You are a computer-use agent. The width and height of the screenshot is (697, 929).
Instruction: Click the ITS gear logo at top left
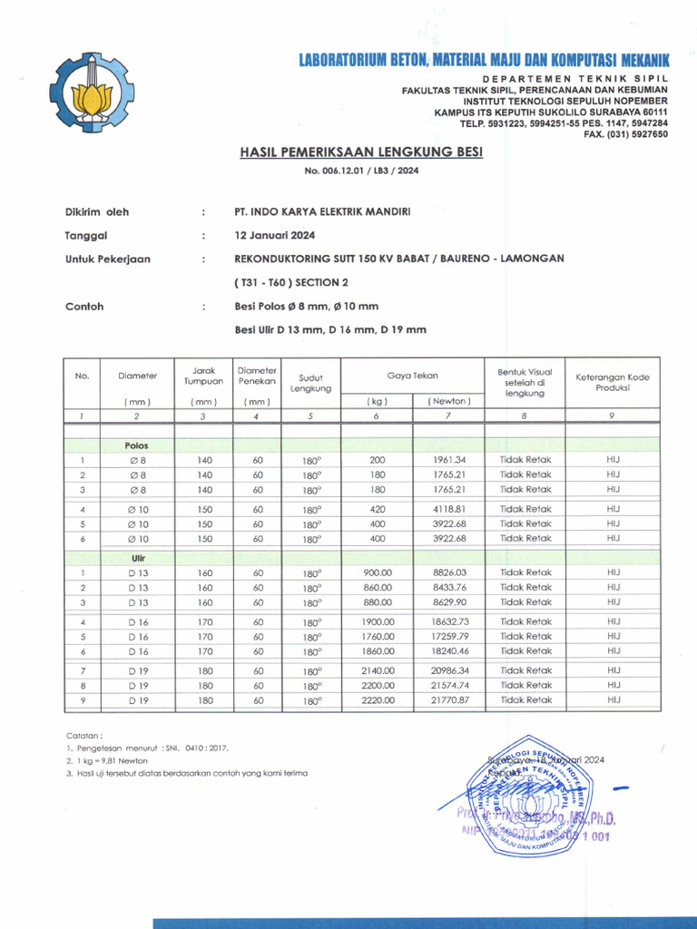click(x=92, y=93)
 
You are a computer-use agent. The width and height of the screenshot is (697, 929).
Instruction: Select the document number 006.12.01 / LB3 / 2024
click(x=361, y=171)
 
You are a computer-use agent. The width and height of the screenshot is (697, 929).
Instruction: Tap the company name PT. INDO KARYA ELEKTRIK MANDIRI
click(x=322, y=211)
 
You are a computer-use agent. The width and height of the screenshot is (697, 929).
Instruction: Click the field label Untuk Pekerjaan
click(x=108, y=259)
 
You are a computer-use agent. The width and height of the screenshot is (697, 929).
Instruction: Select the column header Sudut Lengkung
click(x=310, y=382)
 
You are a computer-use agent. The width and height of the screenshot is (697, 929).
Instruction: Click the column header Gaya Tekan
click(x=412, y=375)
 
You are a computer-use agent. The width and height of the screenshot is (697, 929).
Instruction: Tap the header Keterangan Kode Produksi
click(x=613, y=382)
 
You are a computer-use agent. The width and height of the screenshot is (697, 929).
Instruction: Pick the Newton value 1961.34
click(x=449, y=460)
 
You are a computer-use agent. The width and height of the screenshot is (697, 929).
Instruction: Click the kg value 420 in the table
click(x=378, y=509)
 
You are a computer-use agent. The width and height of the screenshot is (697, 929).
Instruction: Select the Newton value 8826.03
click(x=449, y=572)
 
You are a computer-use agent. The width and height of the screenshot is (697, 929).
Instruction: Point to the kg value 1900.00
click(x=378, y=621)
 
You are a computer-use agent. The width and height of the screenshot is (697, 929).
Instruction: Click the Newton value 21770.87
click(x=449, y=700)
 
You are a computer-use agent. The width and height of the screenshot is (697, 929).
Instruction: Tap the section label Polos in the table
click(x=137, y=445)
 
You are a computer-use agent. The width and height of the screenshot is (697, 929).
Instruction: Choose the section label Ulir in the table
click(x=137, y=559)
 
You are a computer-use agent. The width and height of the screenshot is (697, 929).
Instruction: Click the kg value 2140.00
click(x=378, y=670)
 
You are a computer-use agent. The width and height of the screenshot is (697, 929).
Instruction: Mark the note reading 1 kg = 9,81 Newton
click(x=107, y=760)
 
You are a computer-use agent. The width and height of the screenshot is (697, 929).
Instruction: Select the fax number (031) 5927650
click(x=625, y=133)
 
